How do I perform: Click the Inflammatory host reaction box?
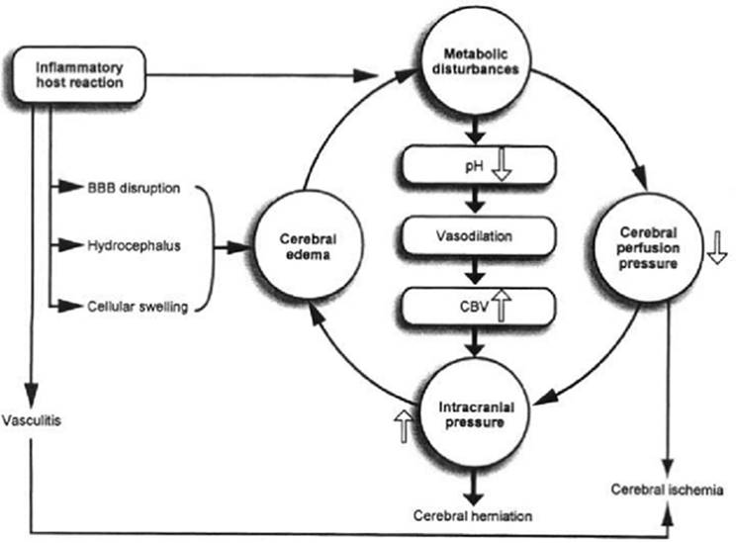[x=79, y=74]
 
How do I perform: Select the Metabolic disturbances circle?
[x=476, y=61]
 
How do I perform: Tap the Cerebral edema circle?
[x=309, y=244]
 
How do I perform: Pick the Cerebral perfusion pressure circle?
[x=648, y=247]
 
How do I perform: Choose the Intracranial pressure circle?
[x=475, y=414]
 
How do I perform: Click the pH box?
[x=478, y=165]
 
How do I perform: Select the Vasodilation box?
[x=478, y=235]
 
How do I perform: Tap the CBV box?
[x=478, y=307]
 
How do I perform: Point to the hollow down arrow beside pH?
[x=502, y=165]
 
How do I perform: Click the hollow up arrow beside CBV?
[x=502, y=305]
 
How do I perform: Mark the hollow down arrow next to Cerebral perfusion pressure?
[x=717, y=247]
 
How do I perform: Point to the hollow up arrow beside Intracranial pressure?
[x=404, y=425]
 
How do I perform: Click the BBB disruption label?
[x=134, y=188]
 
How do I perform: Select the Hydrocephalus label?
[x=134, y=245]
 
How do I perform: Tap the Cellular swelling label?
[x=138, y=307]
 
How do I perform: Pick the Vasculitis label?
[x=32, y=420]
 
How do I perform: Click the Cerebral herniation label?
[x=473, y=515]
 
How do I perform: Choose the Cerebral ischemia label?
[x=667, y=490]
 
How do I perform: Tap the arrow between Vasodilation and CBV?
[x=475, y=270]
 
